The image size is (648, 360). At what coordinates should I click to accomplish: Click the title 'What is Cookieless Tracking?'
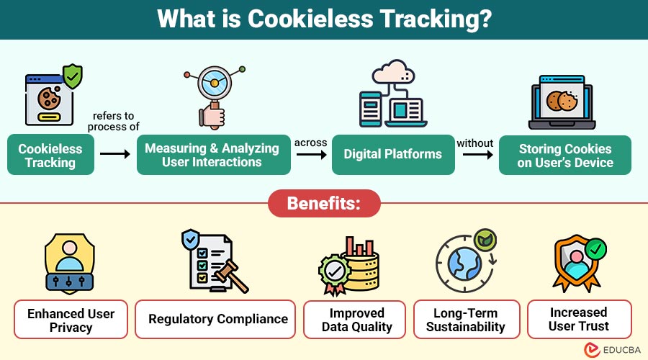click(x=324, y=19)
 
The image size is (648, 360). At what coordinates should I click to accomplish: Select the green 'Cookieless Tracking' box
click(x=50, y=155)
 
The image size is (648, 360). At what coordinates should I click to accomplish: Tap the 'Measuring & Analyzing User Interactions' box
click(x=213, y=155)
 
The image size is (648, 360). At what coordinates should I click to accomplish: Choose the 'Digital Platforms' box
click(x=393, y=154)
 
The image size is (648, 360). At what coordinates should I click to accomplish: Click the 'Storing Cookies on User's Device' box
click(x=565, y=155)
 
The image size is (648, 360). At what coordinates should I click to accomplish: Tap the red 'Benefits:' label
click(x=324, y=203)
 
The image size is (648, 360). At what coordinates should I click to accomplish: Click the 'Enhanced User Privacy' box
click(x=71, y=320)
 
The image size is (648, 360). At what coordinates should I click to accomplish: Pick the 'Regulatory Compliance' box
click(x=218, y=319)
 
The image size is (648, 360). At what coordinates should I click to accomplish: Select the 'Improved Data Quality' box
click(x=357, y=320)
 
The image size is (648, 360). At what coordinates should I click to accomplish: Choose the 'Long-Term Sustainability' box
click(x=468, y=320)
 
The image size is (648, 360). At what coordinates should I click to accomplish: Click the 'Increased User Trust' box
click(x=579, y=320)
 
